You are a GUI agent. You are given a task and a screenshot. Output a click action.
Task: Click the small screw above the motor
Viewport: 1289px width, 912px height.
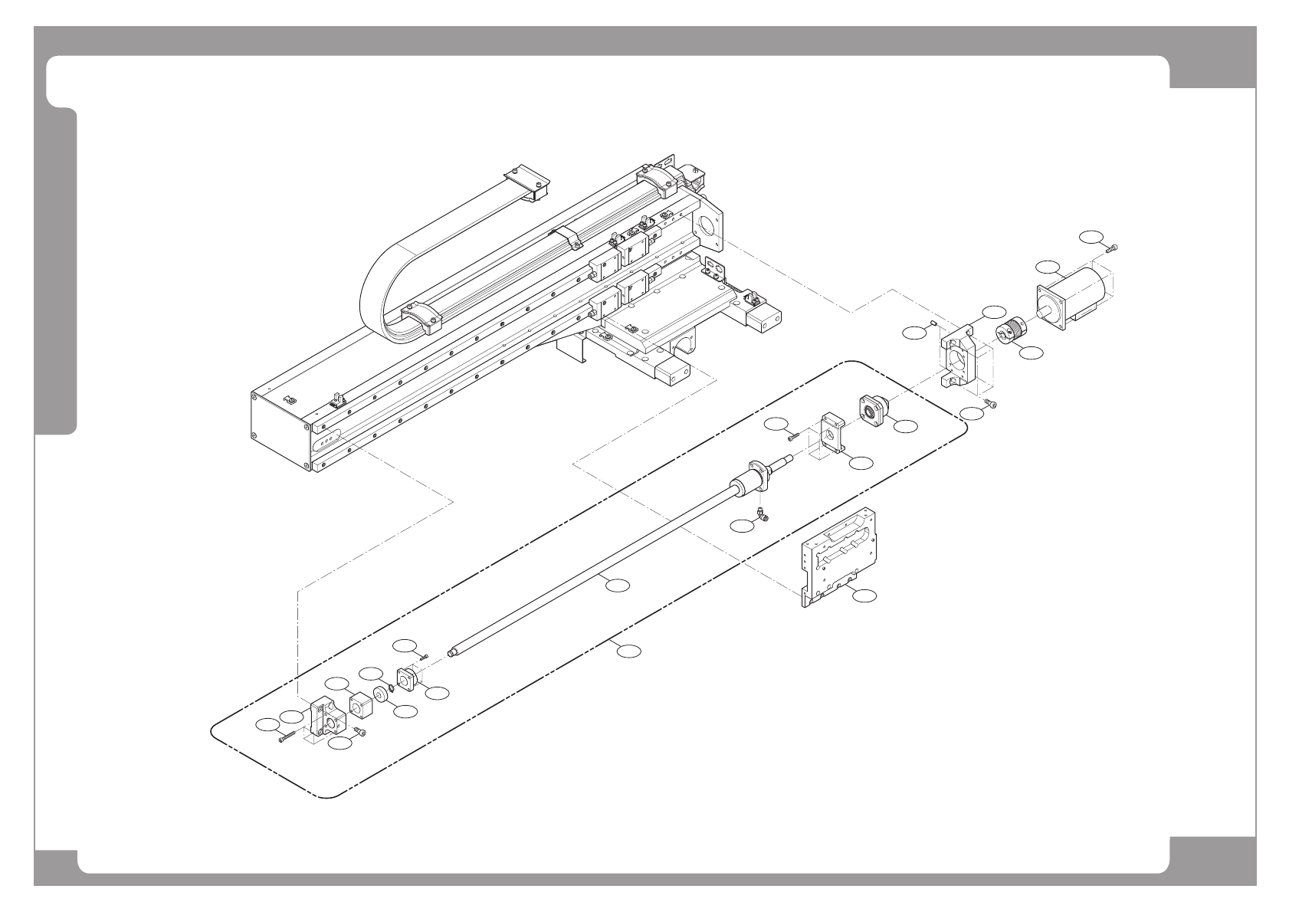pyautogui.click(x=1113, y=246)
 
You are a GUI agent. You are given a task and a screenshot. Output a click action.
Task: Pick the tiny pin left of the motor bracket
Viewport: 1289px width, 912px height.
pyautogui.click(x=932, y=324)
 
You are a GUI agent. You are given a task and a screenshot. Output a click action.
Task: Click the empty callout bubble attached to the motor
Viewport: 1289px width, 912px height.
pyautogui.click(x=1047, y=267)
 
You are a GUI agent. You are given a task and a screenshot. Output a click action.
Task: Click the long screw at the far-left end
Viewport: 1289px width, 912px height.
pyautogui.click(x=286, y=737)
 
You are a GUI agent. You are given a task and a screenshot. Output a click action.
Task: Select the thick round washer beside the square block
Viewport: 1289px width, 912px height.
pyautogui.click(x=379, y=699)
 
